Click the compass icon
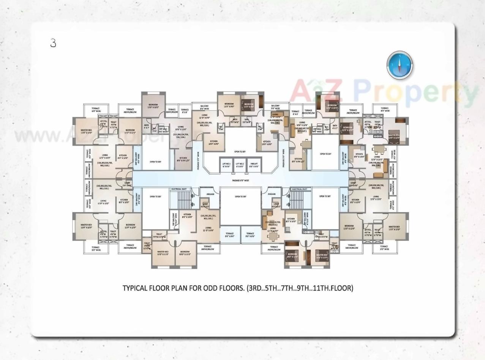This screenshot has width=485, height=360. tap(400, 65)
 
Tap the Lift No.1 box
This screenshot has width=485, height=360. tap(226, 165)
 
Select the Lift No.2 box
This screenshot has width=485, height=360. tap(240, 165)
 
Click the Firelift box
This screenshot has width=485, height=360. tap(254, 165)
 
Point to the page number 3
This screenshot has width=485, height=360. tap(53, 43)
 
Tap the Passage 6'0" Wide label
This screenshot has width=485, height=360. tap(240, 181)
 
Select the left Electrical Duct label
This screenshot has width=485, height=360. tap(179, 189)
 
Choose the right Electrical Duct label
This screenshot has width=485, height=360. tap(299, 189)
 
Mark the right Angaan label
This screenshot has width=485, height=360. tap(272, 194)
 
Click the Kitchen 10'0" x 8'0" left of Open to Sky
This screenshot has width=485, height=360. tap(214, 143)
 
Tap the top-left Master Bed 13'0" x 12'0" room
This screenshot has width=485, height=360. tap(86, 132)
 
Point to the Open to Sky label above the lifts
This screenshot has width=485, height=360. tap(240, 151)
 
